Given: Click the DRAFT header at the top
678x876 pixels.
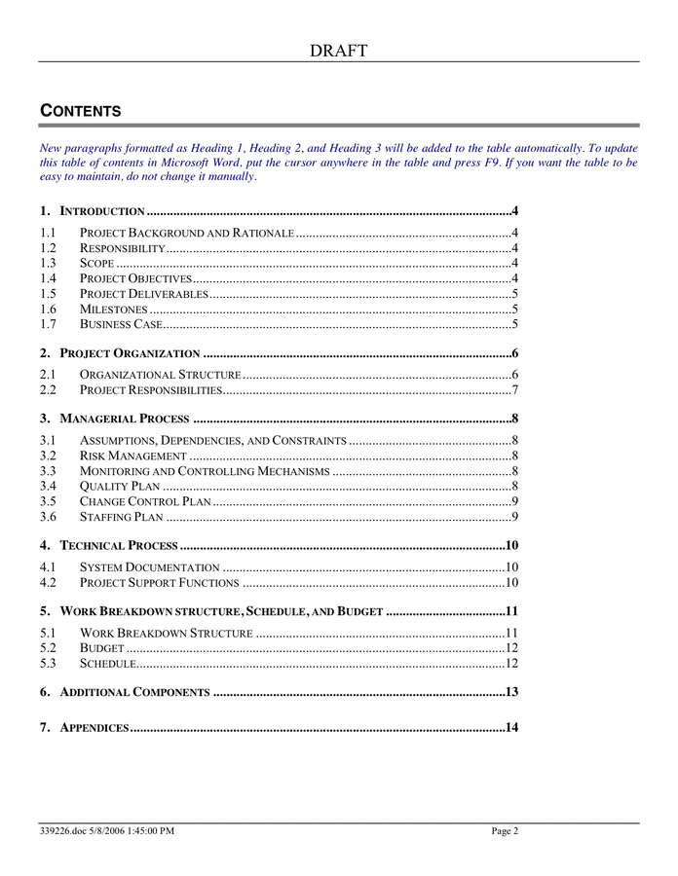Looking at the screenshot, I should [x=339, y=51].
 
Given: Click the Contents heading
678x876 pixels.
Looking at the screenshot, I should [x=80, y=111].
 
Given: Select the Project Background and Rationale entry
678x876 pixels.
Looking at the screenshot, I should [x=186, y=234].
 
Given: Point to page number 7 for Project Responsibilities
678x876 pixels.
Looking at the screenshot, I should [x=513, y=390].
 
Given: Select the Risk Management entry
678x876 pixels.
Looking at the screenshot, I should [x=132, y=456].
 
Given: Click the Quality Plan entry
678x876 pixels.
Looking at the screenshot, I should [x=120, y=486].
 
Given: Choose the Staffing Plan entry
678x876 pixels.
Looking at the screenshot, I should [x=121, y=516].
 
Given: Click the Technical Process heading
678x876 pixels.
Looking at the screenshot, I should [x=118, y=545].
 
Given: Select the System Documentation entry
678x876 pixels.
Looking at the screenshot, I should [x=149, y=567].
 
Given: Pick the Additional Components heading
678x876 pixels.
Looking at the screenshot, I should [x=134, y=692].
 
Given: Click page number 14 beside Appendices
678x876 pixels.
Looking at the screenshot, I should [x=510, y=728].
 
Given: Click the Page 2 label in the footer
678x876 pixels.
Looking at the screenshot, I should [x=505, y=831].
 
